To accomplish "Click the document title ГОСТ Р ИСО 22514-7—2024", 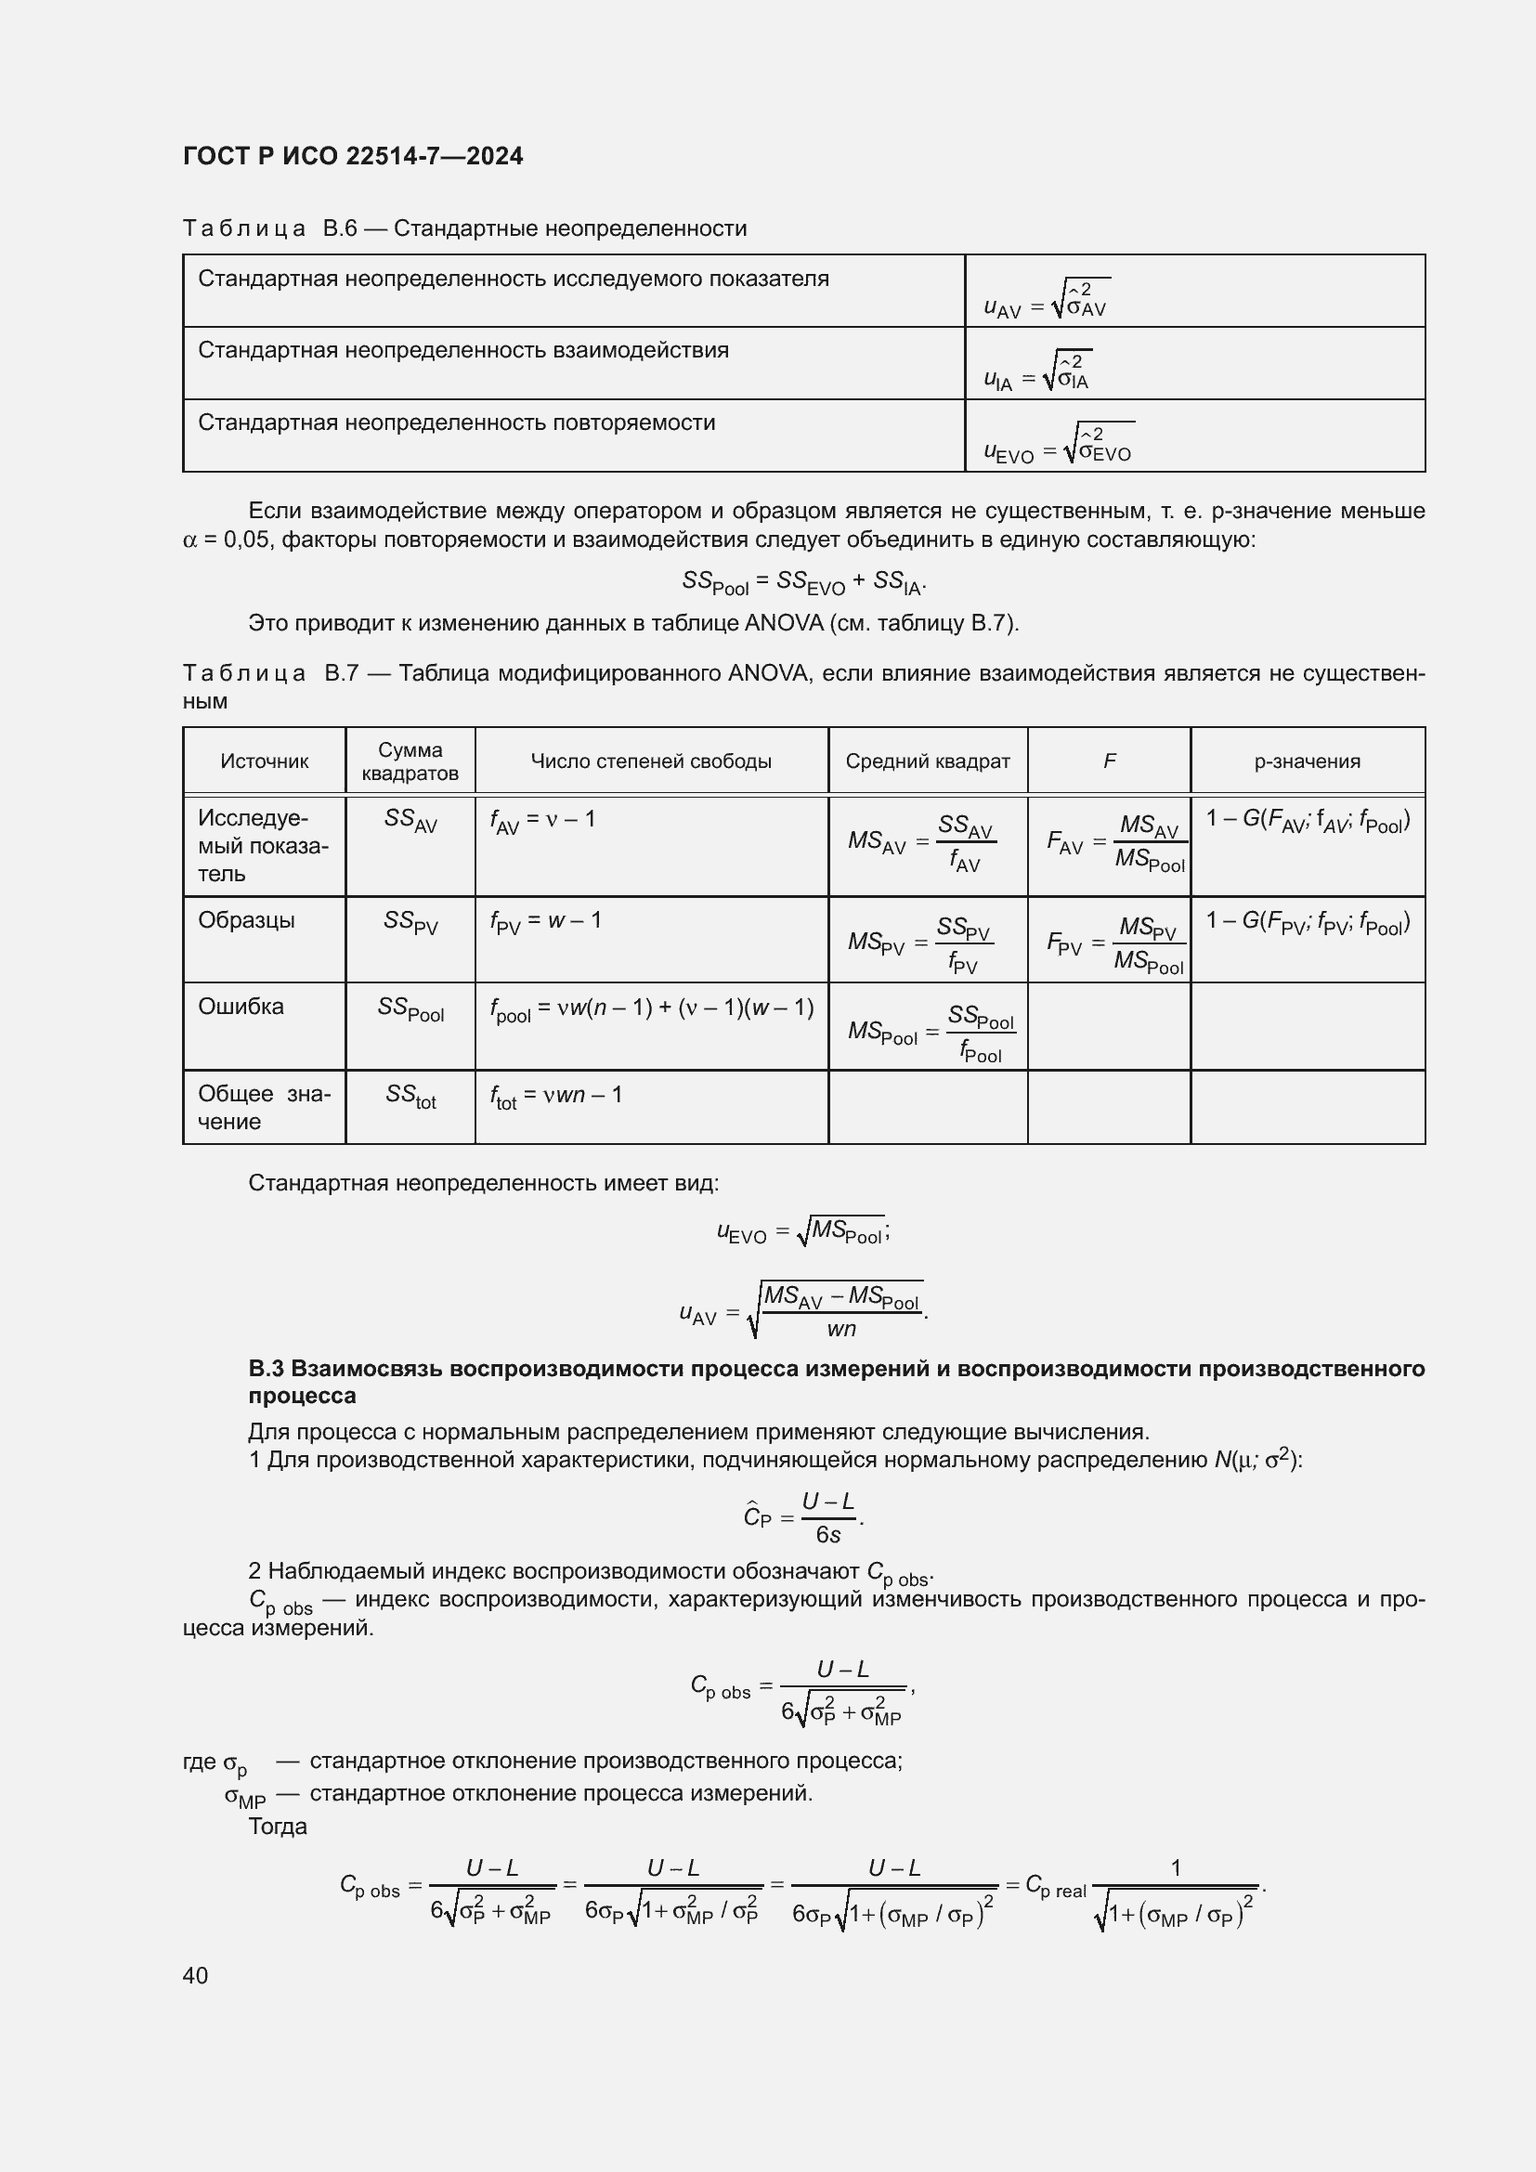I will click(353, 156).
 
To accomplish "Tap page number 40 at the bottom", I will click(195, 1975).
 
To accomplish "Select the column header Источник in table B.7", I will click(264, 761).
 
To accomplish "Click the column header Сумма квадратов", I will click(410, 761).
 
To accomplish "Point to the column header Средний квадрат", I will click(927, 761).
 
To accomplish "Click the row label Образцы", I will click(246, 920).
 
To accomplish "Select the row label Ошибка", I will click(241, 1007).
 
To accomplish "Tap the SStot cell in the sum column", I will click(410, 1097).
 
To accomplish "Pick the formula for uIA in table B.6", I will click(1036, 371).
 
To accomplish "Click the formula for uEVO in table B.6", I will click(1058, 445).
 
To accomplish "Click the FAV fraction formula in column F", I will click(1115, 843).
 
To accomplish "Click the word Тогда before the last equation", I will click(277, 1827).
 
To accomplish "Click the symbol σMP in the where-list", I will click(244, 1796).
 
